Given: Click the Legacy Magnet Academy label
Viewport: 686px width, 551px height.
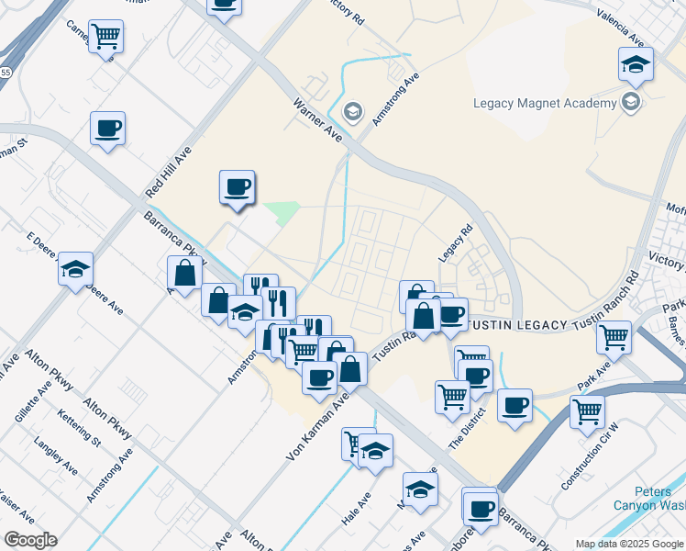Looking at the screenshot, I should click(x=545, y=103).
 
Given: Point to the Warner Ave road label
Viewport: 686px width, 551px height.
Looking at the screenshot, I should click(x=317, y=119).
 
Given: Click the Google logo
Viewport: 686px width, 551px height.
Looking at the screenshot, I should click(x=30, y=540).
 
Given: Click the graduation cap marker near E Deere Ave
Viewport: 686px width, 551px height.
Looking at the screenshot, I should click(x=75, y=268).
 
